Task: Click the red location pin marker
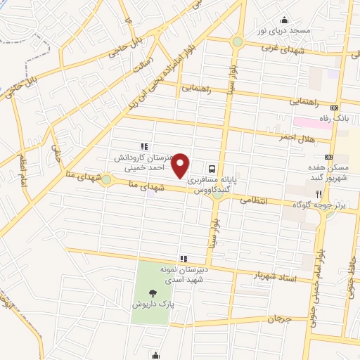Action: point(181,166)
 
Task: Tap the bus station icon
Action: point(211,169)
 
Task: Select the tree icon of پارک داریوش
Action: point(153,293)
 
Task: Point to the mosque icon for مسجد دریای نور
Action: point(285,20)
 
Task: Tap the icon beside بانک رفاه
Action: point(334,108)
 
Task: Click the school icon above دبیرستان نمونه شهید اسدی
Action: point(184,258)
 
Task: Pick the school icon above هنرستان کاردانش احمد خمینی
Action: point(143,146)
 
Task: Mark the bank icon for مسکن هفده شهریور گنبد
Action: point(328,157)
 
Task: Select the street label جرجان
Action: point(278,319)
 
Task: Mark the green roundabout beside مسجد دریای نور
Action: point(238,42)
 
